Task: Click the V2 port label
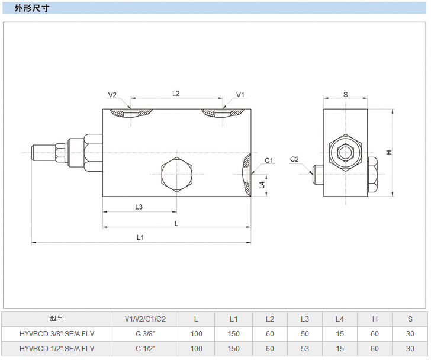pyautogui.click(x=112, y=95)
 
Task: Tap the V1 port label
pyautogui.click(x=240, y=95)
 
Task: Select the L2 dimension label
pyautogui.click(x=176, y=93)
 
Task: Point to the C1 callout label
pyautogui.click(x=268, y=160)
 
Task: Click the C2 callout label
pyautogui.click(x=295, y=159)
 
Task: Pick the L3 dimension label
pyautogui.click(x=139, y=207)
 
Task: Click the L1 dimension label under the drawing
pyautogui.click(x=140, y=237)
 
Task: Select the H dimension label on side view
pyautogui.click(x=389, y=152)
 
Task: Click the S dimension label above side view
pyautogui.click(x=345, y=94)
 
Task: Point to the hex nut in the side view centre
pyautogui.click(x=345, y=153)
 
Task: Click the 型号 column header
pyautogui.click(x=56, y=319)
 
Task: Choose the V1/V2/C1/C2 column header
pyautogui.click(x=145, y=319)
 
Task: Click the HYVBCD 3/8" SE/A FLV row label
pyautogui.click(x=56, y=333)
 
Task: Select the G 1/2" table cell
pyautogui.click(x=145, y=348)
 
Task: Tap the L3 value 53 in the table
pyautogui.click(x=304, y=348)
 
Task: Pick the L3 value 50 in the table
pyautogui.click(x=304, y=333)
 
